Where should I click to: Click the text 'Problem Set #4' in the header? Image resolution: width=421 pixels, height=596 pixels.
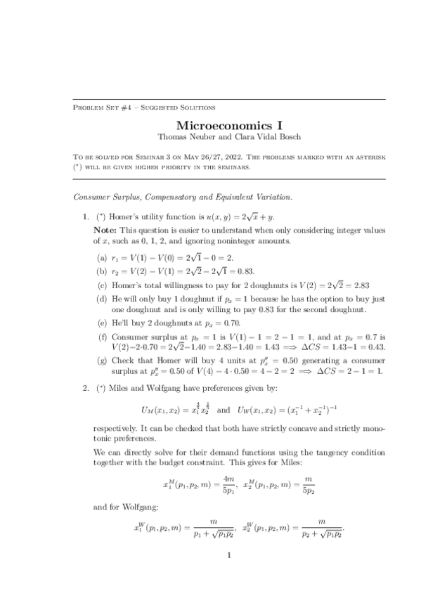click(x=98, y=107)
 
